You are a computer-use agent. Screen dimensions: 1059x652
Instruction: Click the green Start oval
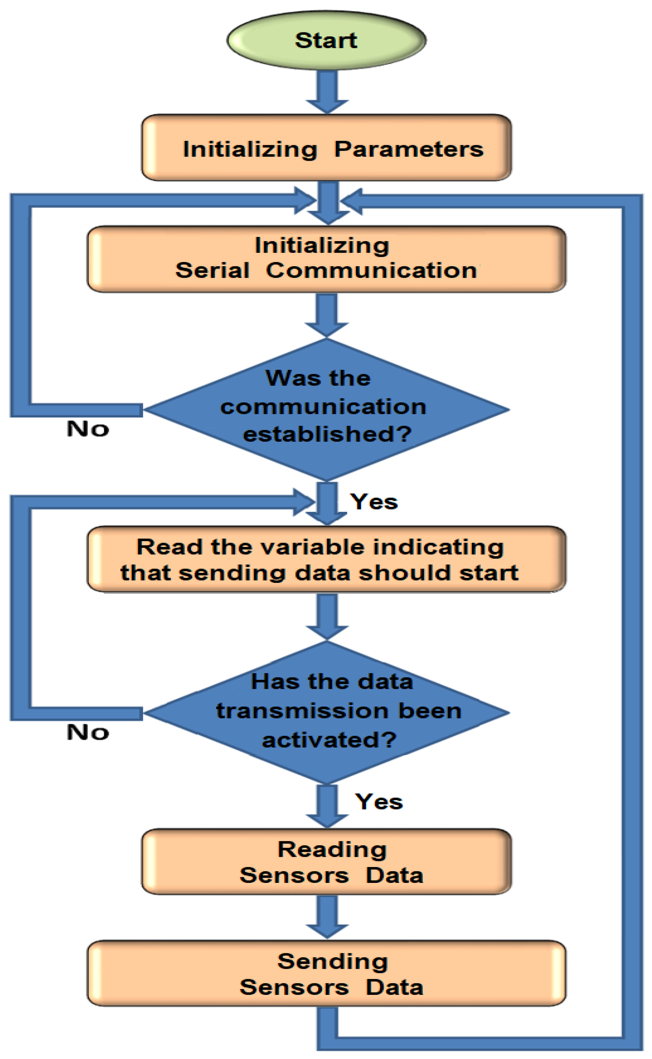[326, 40]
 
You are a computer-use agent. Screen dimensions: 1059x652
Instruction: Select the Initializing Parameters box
[326, 147]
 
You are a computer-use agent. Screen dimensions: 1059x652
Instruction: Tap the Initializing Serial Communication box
[326, 258]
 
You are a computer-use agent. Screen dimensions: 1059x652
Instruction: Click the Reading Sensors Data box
[326, 862]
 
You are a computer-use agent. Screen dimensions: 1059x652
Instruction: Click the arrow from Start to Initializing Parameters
[327, 91]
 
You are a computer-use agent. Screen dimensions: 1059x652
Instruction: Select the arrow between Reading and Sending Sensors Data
[327, 916]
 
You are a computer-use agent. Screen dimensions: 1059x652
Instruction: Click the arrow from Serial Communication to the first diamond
[327, 315]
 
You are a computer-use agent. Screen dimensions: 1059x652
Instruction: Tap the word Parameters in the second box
[409, 149]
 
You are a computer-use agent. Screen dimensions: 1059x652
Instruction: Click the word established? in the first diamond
[327, 434]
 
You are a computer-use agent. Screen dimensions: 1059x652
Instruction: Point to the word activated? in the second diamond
[329, 740]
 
